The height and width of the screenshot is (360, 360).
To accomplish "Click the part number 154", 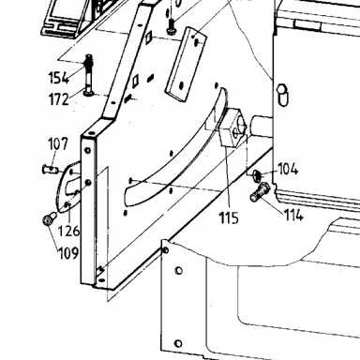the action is pyautogui.click(x=59, y=78).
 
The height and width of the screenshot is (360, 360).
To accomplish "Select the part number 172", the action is pyautogui.click(x=59, y=99).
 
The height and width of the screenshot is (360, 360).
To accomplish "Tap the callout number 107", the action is pyautogui.click(x=58, y=144).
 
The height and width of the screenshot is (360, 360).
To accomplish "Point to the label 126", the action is pyautogui.click(x=69, y=231).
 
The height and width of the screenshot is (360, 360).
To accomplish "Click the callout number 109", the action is pyautogui.click(x=68, y=253).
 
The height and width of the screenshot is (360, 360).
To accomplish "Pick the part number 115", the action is pyautogui.click(x=229, y=217).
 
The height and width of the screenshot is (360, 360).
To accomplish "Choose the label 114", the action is pyautogui.click(x=293, y=215).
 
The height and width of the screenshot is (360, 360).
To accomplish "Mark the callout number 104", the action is pyautogui.click(x=288, y=169).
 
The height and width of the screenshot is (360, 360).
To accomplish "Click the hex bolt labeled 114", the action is pyautogui.click(x=260, y=191).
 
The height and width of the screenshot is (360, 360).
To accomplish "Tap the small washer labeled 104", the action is pyautogui.click(x=257, y=175).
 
